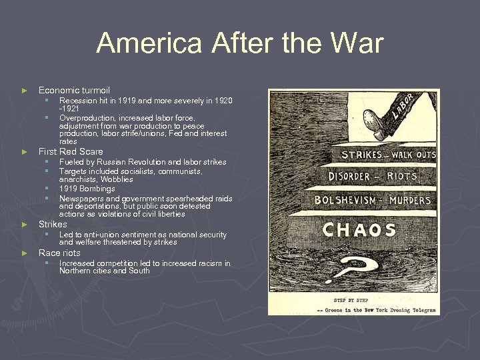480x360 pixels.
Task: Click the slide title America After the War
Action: coord(240,44)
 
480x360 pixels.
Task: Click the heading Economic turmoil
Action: coord(74,90)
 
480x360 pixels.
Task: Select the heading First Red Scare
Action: coord(71,151)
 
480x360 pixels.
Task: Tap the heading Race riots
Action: coord(59,253)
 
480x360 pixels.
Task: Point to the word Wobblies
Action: coord(117,179)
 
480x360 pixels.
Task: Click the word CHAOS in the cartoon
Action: coord(359,230)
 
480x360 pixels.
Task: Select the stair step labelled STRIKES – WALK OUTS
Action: coord(388,155)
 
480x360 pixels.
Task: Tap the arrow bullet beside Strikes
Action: coord(25,225)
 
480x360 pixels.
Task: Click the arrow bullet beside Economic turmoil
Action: coord(25,91)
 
